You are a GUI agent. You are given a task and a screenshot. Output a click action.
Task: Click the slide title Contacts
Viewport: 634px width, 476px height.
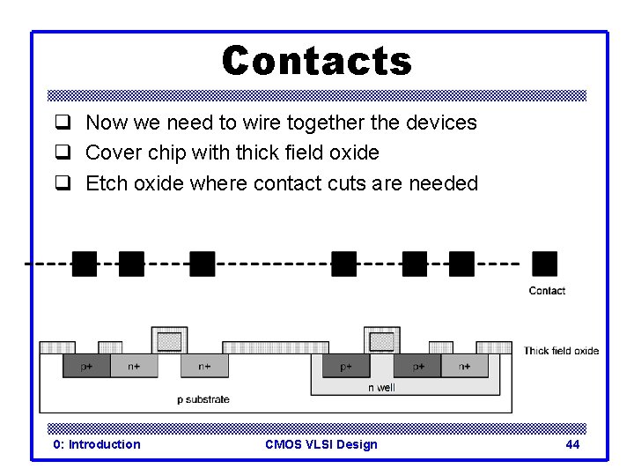pyautogui.click(x=317, y=62)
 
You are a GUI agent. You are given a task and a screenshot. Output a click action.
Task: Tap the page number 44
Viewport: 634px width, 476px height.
pyautogui.click(x=572, y=444)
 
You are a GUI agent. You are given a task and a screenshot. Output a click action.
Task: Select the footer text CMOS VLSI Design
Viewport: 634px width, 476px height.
pyautogui.click(x=321, y=444)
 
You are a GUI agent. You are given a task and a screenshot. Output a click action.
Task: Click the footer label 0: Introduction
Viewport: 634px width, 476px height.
pyautogui.click(x=97, y=444)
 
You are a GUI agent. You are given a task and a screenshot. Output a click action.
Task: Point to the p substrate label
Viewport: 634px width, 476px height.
pyautogui.click(x=203, y=399)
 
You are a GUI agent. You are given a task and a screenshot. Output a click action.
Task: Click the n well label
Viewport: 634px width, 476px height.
pyautogui.click(x=381, y=387)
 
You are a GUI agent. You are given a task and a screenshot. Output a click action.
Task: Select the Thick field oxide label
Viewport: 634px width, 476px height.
pyautogui.click(x=561, y=351)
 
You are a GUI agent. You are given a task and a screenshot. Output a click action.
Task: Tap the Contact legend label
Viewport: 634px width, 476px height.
pyautogui.click(x=547, y=291)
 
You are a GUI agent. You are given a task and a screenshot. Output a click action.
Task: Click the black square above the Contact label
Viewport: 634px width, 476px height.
pyautogui.click(x=545, y=264)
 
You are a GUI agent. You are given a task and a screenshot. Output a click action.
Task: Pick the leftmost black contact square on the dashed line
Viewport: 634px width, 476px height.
pyautogui.click(x=85, y=264)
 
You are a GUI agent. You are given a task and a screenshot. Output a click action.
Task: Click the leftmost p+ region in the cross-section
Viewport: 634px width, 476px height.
pyautogui.click(x=86, y=366)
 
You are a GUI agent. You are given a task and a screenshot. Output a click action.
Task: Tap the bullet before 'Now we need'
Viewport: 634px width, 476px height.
pyautogui.click(x=63, y=123)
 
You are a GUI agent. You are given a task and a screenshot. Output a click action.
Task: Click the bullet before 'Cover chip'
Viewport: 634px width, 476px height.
pyautogui.click(x=63, y=152)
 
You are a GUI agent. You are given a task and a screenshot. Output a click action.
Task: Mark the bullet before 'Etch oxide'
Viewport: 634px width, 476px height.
pyautogui.click(x=63, y=183)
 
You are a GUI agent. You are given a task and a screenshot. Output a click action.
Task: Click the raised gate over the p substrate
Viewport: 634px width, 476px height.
pyautogui.click(x=169, y=340)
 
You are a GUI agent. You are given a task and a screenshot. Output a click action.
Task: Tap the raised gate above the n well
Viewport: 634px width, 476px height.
pyautogui.click(x=381, y=340)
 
